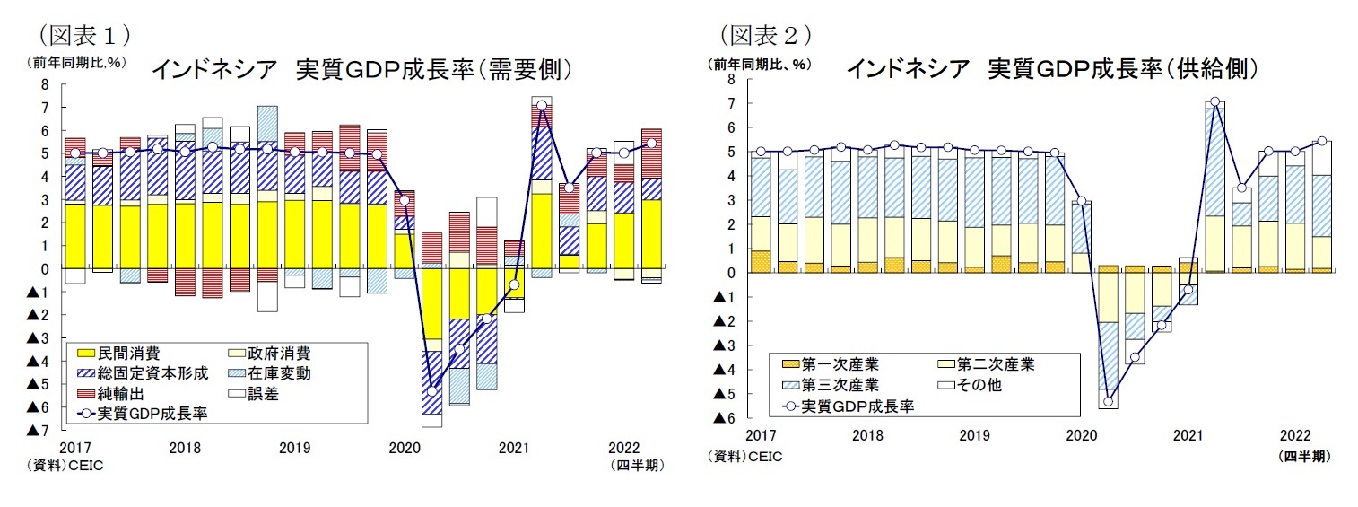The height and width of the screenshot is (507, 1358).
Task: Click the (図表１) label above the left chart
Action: point(85,35)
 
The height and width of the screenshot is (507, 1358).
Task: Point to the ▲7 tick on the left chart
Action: point(37,432)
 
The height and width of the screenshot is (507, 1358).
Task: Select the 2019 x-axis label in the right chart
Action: point(974,435)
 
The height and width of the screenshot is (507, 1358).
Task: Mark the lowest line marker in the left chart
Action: point(431,391)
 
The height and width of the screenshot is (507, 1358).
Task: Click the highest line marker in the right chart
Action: point(1215,102)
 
